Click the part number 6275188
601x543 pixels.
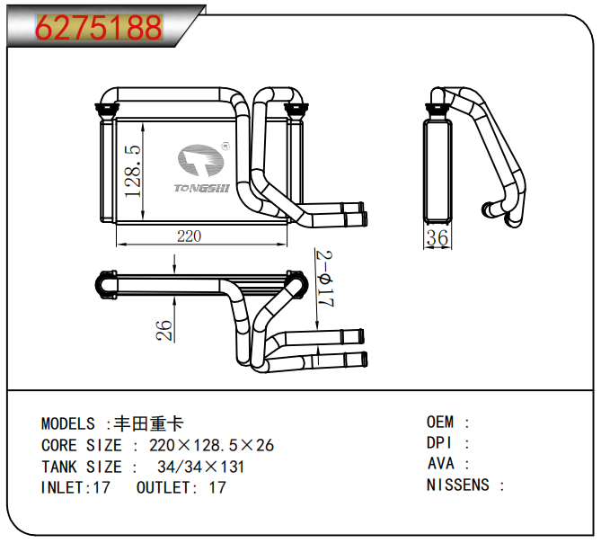[x=99, y=28]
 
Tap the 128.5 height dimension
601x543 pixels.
[x=133, y=172]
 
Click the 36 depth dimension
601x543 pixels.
[x=437, y=238]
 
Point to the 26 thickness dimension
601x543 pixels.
[x=164, y=330]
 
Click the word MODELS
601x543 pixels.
[x=68, y=423]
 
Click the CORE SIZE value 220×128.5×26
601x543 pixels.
[x=212, y=445]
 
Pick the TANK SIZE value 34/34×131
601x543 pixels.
[x=200, y=467]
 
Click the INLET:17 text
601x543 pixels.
[x=75, y=488]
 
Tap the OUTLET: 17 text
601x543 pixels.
[x=181, y=488]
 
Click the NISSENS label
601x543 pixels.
[x=458, y=485]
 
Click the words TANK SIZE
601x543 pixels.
[x=81, y=467]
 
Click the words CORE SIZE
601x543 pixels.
[x=81, y=445]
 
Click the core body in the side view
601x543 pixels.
[x=437, y=170]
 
